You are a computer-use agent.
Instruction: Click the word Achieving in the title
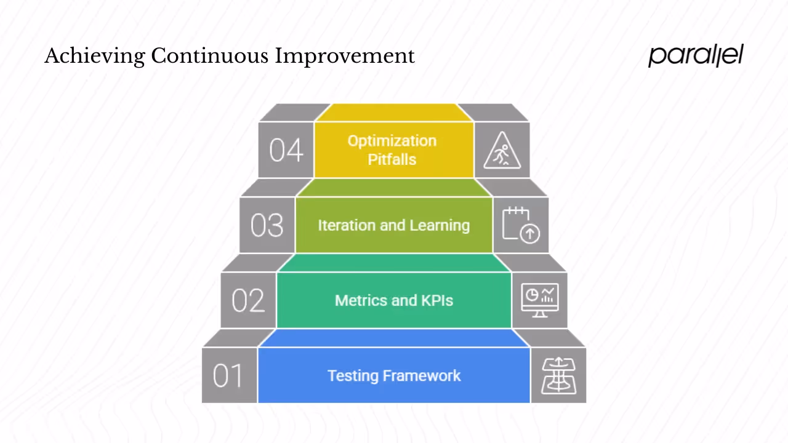point(95,56)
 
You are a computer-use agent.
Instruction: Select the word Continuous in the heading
point(210,56)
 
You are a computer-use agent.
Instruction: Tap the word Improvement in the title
point(345,56)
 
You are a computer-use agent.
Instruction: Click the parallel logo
point(696,55)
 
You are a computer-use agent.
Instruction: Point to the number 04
point(286,151)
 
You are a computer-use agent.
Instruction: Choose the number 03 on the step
point(267,226)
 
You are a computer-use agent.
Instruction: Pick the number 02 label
point(248,301)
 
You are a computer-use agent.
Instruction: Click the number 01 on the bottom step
point(228,376)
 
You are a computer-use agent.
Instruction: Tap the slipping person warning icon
point(502,151)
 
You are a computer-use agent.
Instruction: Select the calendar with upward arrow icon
point(521,226)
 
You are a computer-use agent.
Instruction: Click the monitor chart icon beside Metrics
point(540,301)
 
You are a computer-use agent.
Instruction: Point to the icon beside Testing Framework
point(558,376)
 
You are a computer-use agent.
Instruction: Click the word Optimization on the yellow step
point(392,141)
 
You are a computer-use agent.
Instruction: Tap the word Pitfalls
point(392,159)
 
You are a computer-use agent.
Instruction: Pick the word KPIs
point(437,300)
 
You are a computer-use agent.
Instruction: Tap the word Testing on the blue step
point(353,375)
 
